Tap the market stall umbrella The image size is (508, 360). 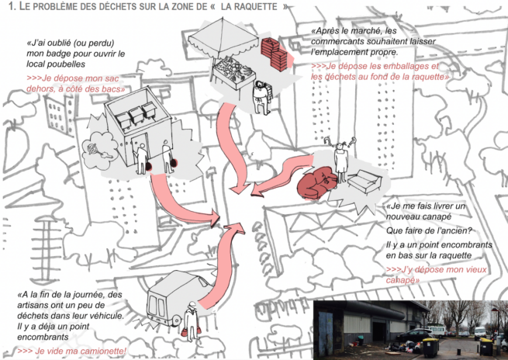tap(224, 37)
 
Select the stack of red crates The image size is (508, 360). tap(274, 54)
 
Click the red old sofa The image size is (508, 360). tap(316, 182)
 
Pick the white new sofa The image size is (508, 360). tap(365, 181)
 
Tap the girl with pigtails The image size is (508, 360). tap(340, 159)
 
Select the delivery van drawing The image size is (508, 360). tap(172, 299)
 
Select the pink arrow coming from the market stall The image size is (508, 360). tap(232, 146)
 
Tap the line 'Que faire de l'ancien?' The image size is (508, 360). tap(429, 230)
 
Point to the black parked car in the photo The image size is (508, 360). tap(416, 335)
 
